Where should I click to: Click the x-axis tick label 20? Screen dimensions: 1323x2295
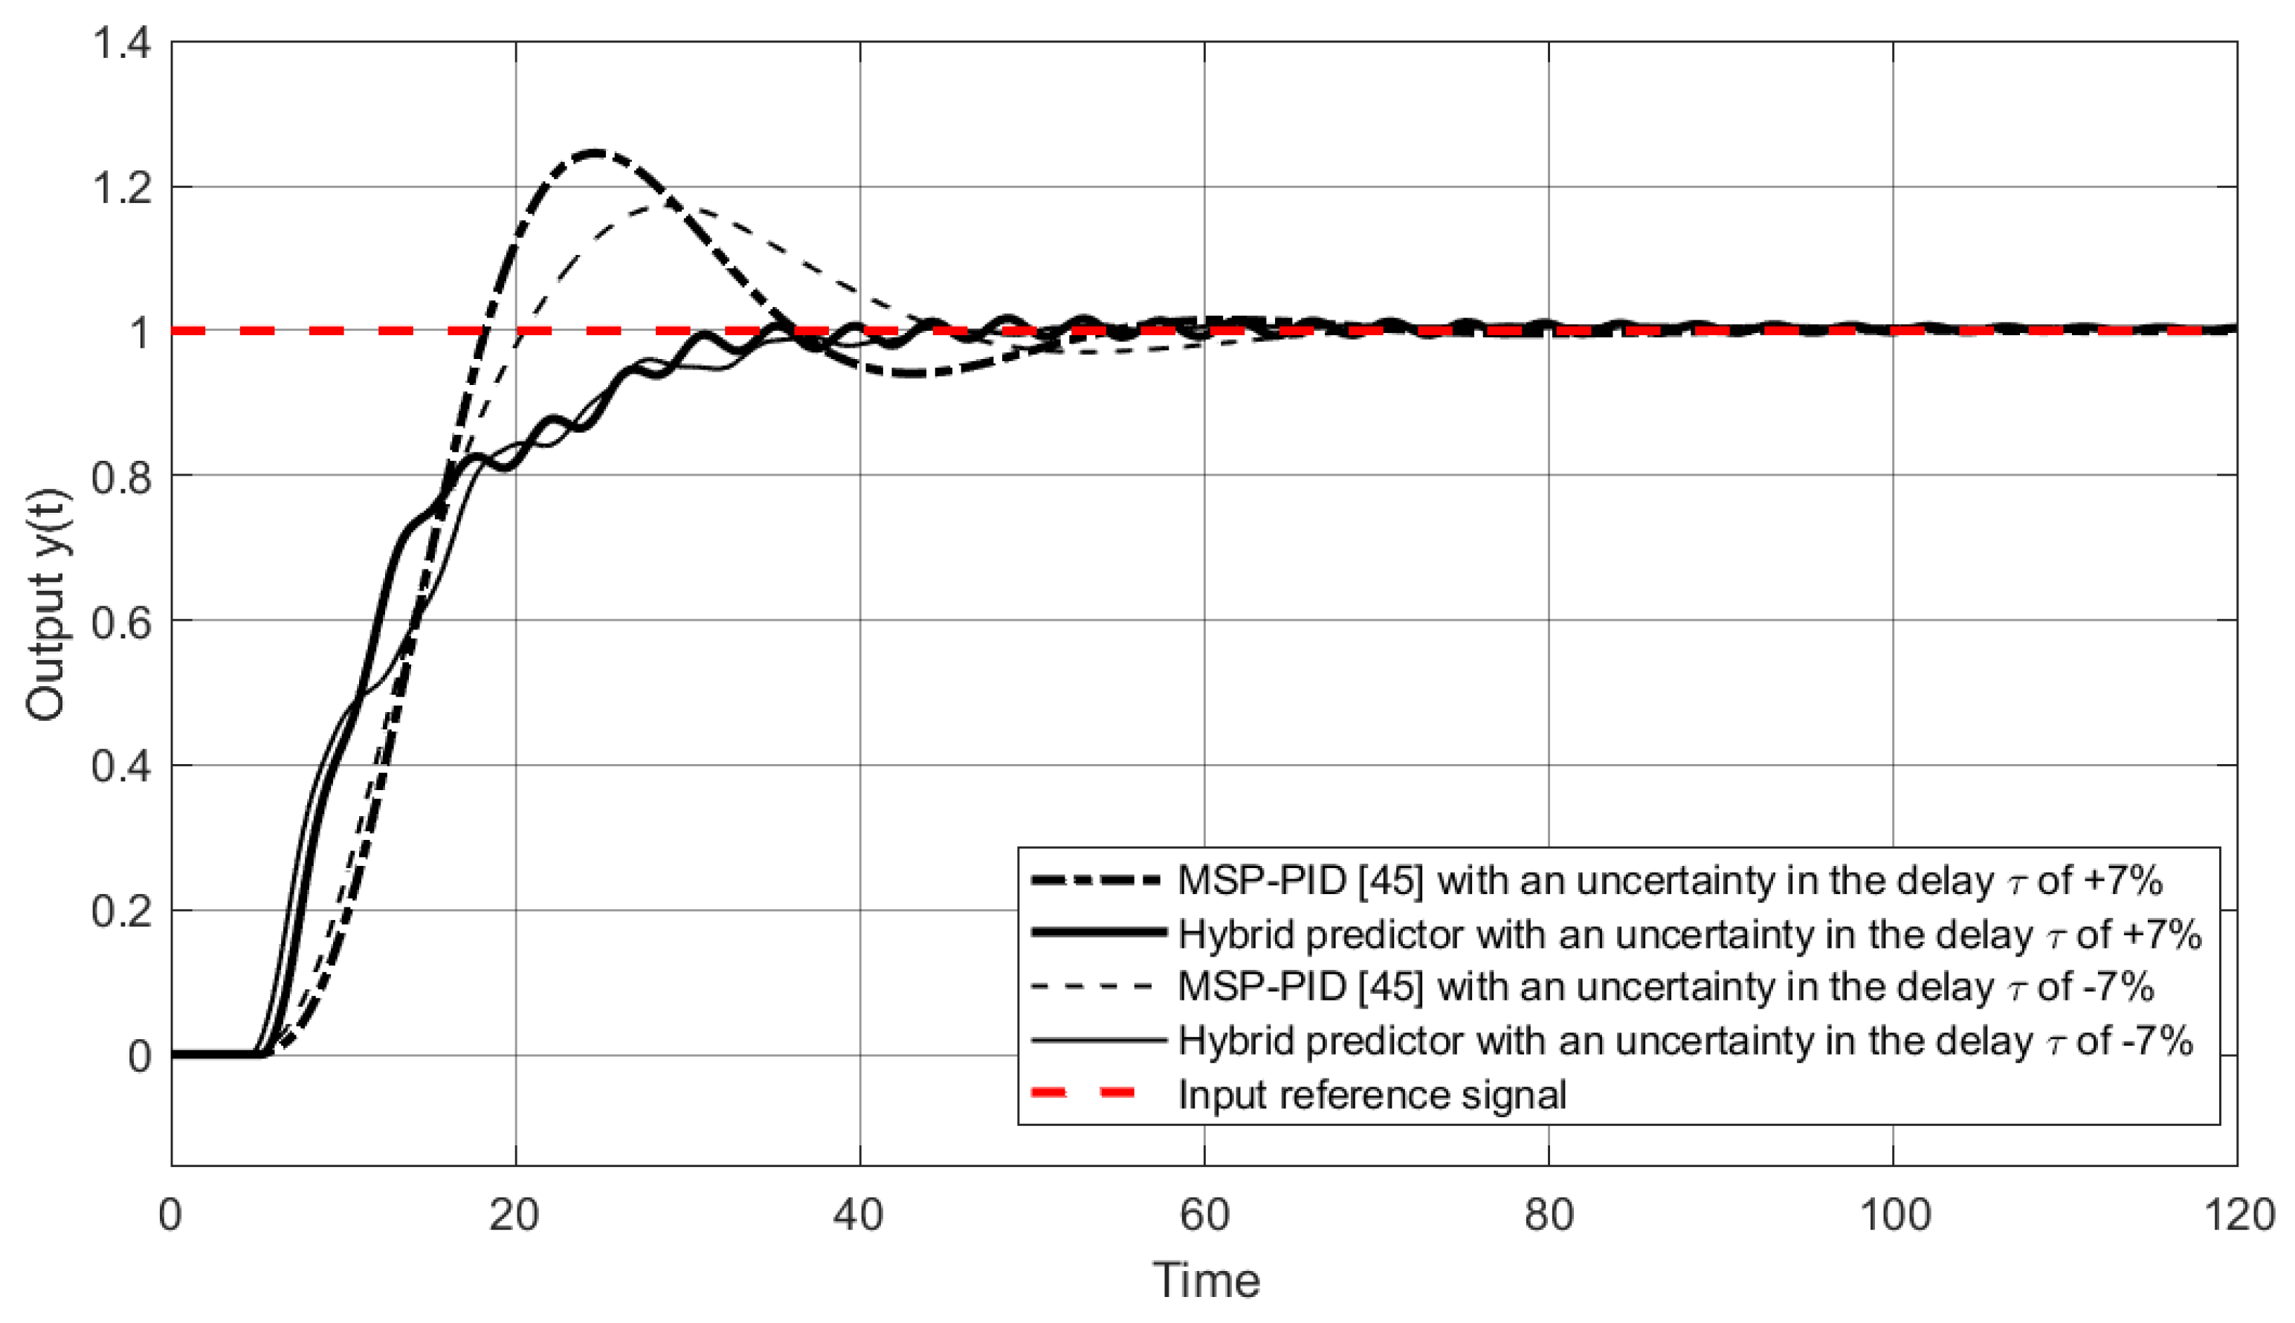coord(514,1216)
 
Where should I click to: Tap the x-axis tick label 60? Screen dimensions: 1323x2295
coord(1204,1216)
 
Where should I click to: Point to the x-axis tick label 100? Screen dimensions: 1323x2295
coord(1894,1216)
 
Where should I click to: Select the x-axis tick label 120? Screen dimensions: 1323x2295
coord(2237,1216)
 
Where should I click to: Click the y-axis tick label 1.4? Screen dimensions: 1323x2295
coord(122,44)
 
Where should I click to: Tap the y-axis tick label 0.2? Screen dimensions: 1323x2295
coord(122,911)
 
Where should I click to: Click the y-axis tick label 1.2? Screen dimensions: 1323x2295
coord(122,188)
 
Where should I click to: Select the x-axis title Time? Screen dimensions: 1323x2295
coord(1206,1281)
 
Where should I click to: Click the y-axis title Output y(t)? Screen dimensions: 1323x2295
coord(45,605)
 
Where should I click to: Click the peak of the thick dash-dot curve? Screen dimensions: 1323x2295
coord(595,152)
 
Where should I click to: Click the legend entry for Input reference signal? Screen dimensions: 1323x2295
coord(1372,1094)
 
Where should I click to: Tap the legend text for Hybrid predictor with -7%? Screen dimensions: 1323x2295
coord(1685,1041)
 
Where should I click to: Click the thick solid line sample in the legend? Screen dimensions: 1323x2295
coord(1098,932)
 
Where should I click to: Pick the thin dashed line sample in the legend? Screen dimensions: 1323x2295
coord(1098,987)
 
